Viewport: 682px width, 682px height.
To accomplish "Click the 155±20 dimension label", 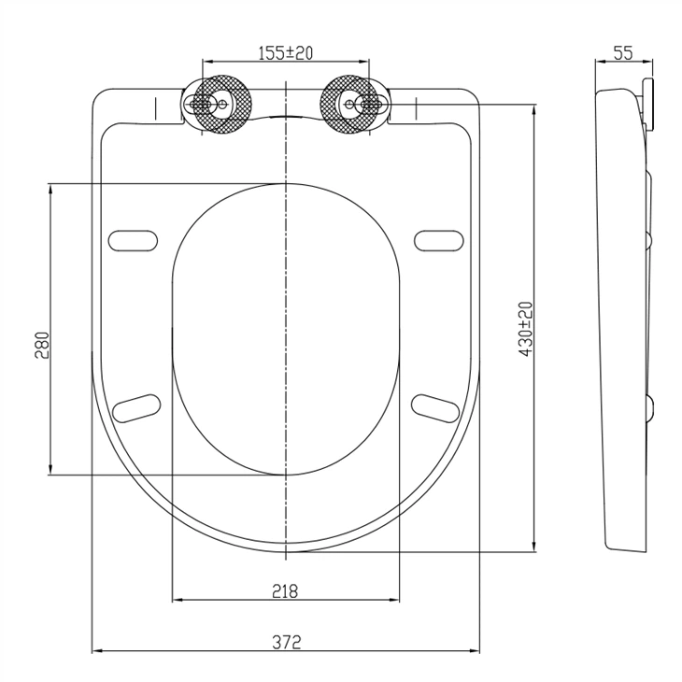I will click(285, 53).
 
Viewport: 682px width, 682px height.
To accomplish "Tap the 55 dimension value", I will click(624, 53).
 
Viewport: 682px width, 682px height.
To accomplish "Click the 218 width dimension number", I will click(285, 590).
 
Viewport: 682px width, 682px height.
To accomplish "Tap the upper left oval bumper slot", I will click(134, 240).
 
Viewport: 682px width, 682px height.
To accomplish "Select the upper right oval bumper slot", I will click(439, 240).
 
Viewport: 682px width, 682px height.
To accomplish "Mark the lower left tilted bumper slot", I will click(136, 406).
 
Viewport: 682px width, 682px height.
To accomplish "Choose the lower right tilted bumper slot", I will click(436, 406).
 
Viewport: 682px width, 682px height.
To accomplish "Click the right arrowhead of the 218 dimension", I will click(399, 600).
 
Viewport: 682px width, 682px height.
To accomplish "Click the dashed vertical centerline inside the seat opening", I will click(286, 327).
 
